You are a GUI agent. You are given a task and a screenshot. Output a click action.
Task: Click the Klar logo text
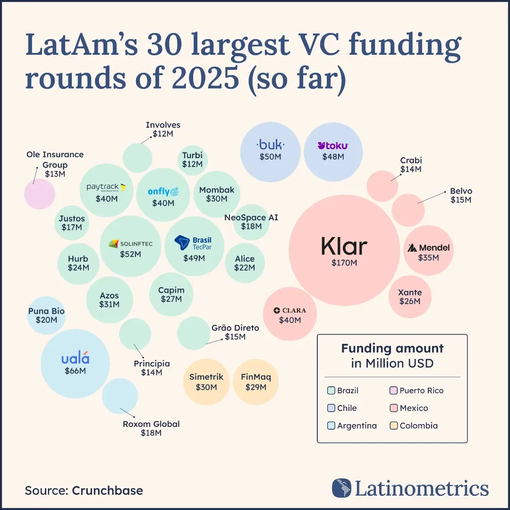pyautogui.click(x=344, y=246)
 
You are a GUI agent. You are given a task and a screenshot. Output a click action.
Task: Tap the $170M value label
pyautogui.click(x=344, y=263)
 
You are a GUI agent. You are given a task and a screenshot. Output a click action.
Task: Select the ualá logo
pyautogui.click(x=75, y=358)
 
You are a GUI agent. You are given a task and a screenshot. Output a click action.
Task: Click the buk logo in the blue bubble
pyautogui.click(x=270, y=145)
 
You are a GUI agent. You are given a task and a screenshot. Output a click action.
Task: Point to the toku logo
pyautogui.click(x=333, y=145)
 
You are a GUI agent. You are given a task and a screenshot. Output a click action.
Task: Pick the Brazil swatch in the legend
pyautogui.click(x=331, y=391)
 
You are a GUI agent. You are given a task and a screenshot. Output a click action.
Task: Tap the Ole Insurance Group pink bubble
pyautogui.click(x=40, y=194)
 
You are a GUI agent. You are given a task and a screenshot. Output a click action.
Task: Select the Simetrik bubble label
pyautogui.click(x=206, y=377)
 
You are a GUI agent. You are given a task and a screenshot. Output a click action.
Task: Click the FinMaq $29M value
pyautogui.click(x=256, y=387)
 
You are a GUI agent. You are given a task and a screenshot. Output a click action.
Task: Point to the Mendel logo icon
pyautogui.click(x=412, y=248)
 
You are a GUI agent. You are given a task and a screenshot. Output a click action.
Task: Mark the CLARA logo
pyautogui.click(x=290, y=310)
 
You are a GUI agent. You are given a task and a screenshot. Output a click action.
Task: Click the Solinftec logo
pyautogui.click(x=130, y=244)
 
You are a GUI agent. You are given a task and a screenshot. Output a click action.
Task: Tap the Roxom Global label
pyautogui.click(x=151, y=424)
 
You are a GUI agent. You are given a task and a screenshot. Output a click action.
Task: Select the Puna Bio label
pyautogui.click(x=46, y=311)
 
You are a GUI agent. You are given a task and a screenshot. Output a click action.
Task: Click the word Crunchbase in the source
pyautogui.click(x=107, y=490)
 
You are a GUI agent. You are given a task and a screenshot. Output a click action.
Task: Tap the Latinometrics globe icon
pyautogui.click(x=341, y=488)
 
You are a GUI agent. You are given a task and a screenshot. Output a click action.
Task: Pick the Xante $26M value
pyautogui.click(x=409, y=301)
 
